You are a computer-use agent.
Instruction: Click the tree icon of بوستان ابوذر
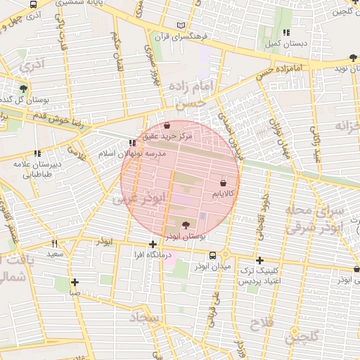[x=186, y=225]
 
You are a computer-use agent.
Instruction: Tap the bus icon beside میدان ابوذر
[x=213, y=255]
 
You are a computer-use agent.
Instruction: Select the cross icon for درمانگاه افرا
[x=153, y=244]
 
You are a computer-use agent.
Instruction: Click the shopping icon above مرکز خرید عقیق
[x=165, y=126]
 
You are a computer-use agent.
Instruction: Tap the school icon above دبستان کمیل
[x=285, y=32]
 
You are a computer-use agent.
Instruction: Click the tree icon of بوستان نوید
[x=352, y=57]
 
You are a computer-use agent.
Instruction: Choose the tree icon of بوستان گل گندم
[x=24, y=89]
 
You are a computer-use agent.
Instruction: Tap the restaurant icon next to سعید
[x=54, y=243]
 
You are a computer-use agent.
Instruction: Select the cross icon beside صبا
[x=75, y=282]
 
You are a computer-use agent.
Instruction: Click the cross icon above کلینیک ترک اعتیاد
[x=259, y=260]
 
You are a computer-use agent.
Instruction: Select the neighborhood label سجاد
[x=146, y=319]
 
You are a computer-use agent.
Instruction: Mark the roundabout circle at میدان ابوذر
[x=225, y=254]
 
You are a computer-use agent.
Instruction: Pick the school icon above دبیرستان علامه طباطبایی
[x=37, y=153]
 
